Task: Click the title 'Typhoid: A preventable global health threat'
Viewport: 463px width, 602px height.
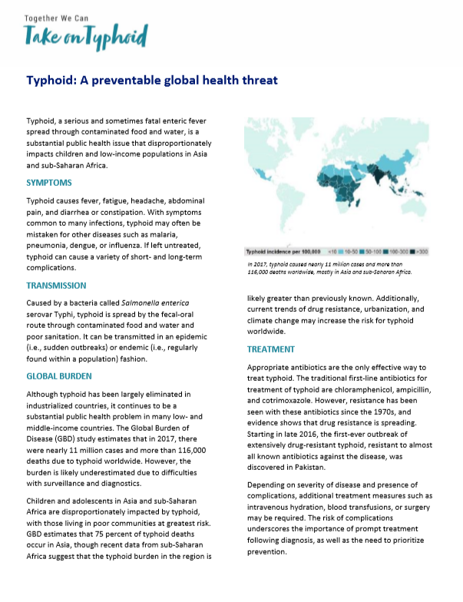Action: click(151, 80)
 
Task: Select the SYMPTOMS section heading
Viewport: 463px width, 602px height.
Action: click(49, 183)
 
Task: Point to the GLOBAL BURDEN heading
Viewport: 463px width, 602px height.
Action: click(59, 376)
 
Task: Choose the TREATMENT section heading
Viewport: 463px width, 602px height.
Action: click(270, 349)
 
